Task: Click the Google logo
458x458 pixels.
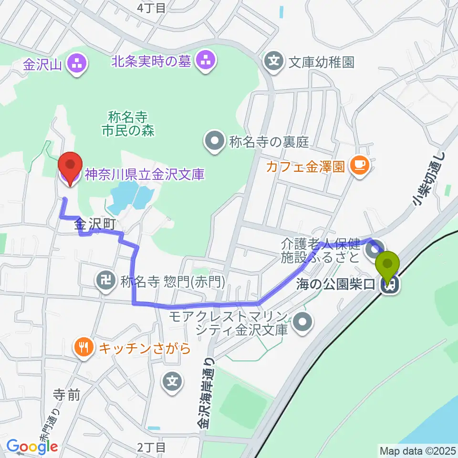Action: [32, 447]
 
